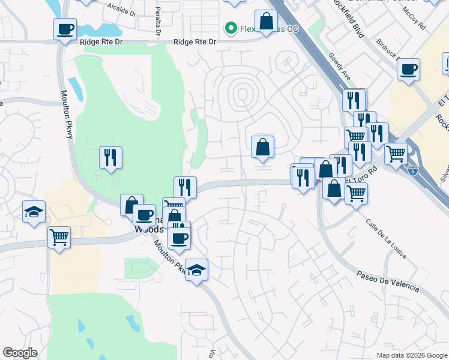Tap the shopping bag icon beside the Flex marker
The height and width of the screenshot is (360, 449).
265,22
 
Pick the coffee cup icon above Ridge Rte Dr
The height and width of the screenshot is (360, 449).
65,29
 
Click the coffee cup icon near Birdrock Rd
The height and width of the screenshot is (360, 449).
408,69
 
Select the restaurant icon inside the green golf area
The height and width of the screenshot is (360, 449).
110,158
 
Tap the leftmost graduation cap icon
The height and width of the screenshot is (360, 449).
34,211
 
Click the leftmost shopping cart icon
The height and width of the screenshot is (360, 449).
59,238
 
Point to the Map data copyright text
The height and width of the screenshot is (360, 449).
412,355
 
